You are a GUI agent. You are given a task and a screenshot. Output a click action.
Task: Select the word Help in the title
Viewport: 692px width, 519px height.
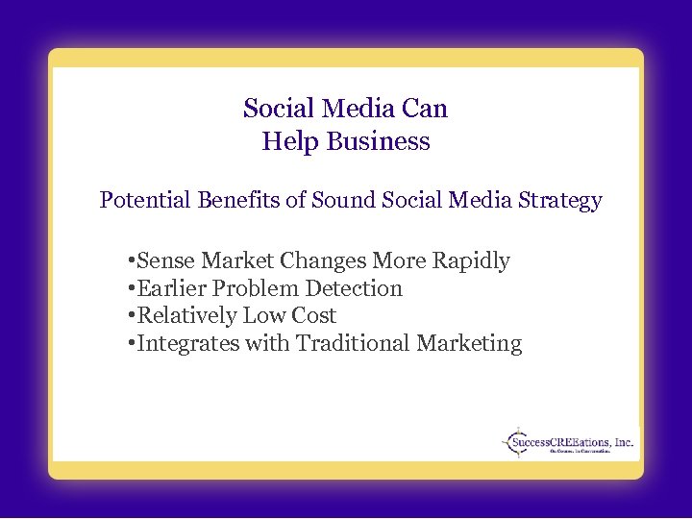tap(290, 142)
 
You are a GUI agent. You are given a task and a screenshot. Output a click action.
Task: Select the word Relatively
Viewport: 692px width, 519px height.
tap(187, 316)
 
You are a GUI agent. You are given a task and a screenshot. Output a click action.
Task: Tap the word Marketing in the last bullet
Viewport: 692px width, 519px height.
tap(471, 344)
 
